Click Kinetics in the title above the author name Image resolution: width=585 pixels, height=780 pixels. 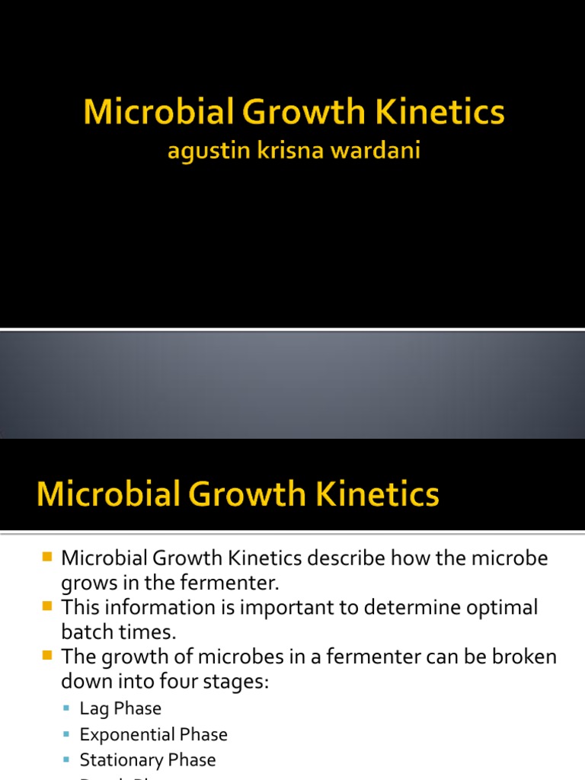(449, 113)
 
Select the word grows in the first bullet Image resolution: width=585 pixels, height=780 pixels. (88, 583)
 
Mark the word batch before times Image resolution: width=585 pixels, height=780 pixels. (85, 632)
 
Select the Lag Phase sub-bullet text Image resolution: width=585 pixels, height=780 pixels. (120, 709)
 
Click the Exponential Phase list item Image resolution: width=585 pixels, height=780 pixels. (153, 735)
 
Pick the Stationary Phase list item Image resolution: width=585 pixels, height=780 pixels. (148, 760)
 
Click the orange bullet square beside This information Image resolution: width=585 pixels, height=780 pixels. (47, 607)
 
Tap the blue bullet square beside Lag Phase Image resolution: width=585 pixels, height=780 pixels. (68, 709)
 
